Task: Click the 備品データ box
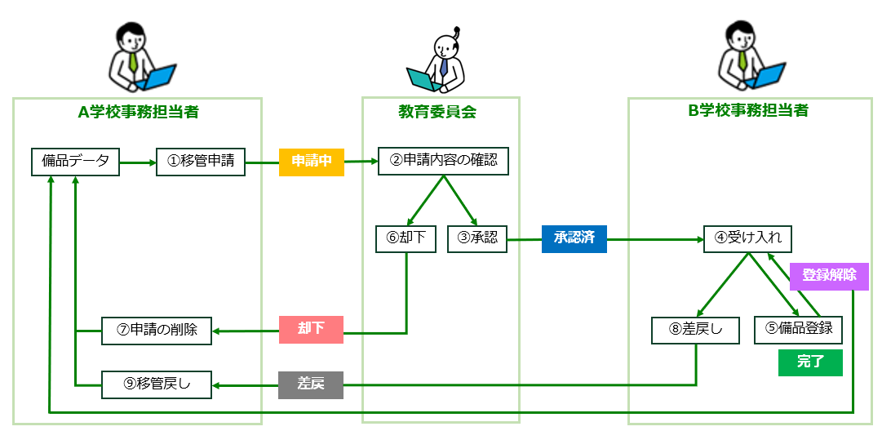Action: [x=75, y=162]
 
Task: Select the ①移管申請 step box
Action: [x=201, y=162]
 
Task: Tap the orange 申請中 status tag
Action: [x=312, y=162]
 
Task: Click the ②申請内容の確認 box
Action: [x=443, y=161]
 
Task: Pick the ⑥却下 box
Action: [x=406, y=238]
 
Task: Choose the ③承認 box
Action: [x=477, y=238]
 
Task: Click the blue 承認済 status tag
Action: [x=574, y=238]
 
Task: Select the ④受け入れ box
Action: [x=748, y=238]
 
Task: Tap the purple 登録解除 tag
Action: [x=829, y=275]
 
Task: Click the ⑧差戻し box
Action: [x=695, y=330]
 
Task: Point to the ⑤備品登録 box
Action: [x=798, y=329]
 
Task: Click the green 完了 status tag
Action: [x=810, y=362]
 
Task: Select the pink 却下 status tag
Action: [x=311, y=329]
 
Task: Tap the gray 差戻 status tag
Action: [x=311, y=384]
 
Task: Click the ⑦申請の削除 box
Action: [x=157, y=330]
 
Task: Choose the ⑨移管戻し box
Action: [x=157, y=384]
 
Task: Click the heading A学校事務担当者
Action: [x=138, y=112]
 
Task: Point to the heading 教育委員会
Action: [x=441, y=112]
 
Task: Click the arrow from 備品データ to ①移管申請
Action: [x=138, y=162]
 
